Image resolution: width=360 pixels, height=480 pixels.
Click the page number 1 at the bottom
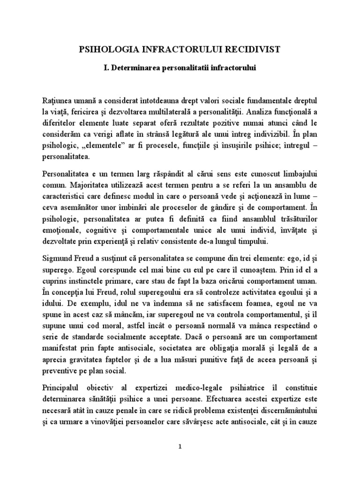180,446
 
